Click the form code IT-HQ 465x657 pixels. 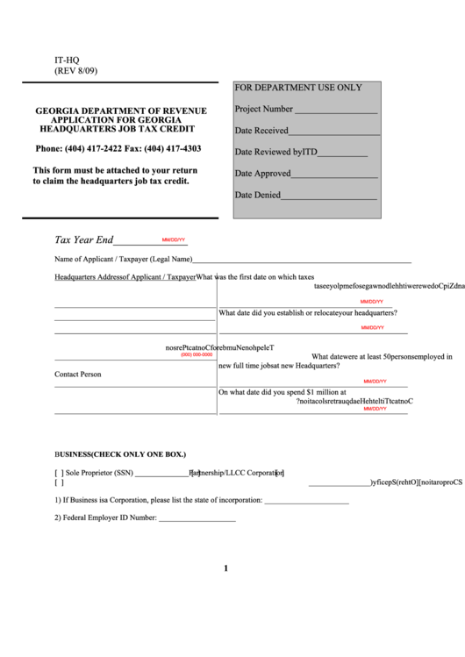pos(67,60)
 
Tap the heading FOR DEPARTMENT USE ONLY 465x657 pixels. pos(297,88)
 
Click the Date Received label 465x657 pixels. pos(261,131)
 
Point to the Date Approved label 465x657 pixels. pos(262,174)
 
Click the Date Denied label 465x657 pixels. pos(257,195)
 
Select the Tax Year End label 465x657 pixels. pos(84,239)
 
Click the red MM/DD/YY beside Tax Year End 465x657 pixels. pos(173,239)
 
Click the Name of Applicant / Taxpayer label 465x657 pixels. pos(123,260)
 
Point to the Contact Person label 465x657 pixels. pos(77,375)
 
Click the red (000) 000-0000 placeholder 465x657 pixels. pos(197,354)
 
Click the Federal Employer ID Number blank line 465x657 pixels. pos(197,518)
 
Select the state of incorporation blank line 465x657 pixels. pos(306,501)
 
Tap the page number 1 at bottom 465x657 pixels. pos(225,568)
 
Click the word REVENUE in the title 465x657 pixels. pos(183,111)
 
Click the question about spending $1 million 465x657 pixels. pos(283,393)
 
